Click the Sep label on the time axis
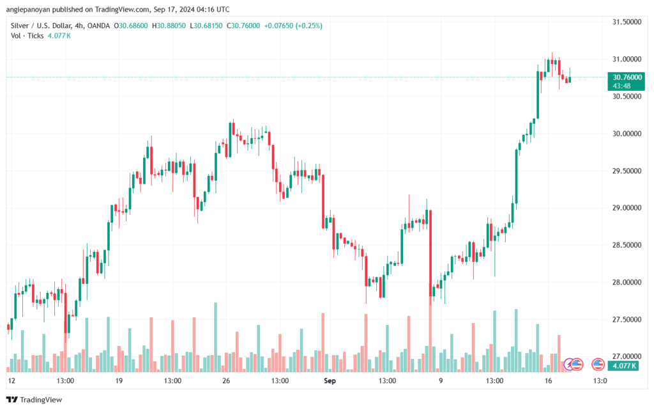coord(330,381)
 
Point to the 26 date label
coord(225,381)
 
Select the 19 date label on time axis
coord(119,381)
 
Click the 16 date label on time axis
coord(547,381)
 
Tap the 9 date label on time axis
coord(439,381)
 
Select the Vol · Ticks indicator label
coord(27,36)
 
